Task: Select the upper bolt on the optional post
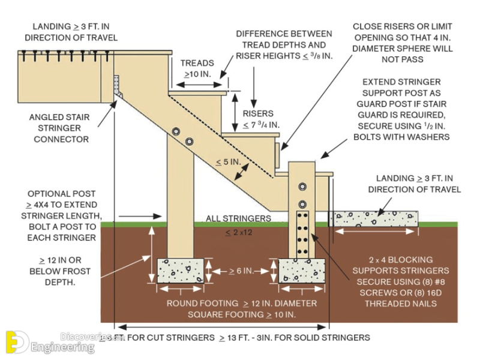click(x=175, y=131)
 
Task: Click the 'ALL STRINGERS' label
click(x=238, y=218)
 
